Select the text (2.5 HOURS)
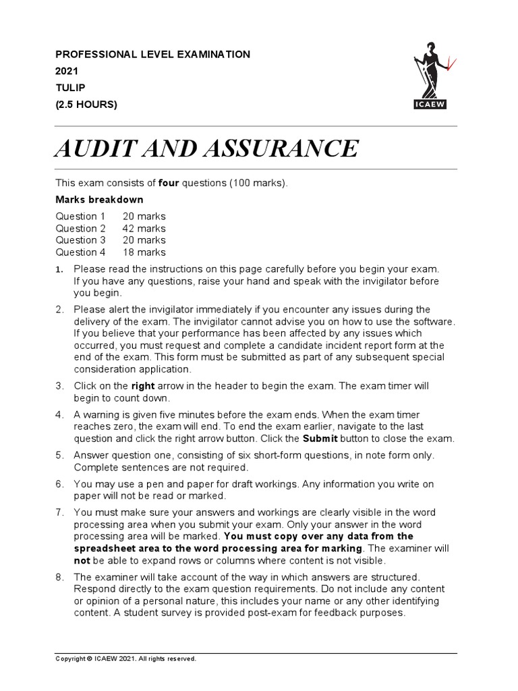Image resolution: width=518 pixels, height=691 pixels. point(86,104)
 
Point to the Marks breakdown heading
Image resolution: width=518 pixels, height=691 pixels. point(99,200)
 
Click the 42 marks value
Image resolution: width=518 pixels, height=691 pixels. point(144,228)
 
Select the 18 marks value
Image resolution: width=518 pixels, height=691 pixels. point(144,252)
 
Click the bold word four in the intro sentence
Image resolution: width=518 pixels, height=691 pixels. point(169,183)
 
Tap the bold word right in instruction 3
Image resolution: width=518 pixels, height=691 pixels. point(143,386)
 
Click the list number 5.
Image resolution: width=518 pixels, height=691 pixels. point(59,455)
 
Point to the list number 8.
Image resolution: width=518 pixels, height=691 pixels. point(59,577)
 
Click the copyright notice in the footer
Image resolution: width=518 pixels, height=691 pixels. point(125,659)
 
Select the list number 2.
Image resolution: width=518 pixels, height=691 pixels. point(59,309)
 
